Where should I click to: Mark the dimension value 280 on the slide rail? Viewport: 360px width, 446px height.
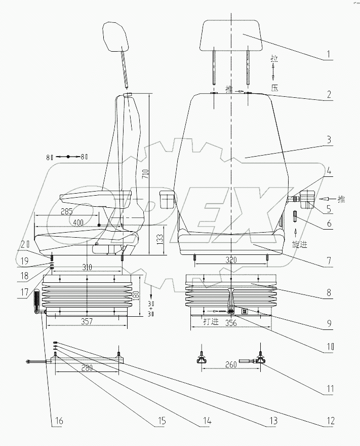click(87, 368)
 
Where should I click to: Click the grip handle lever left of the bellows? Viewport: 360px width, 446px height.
click(37, 302)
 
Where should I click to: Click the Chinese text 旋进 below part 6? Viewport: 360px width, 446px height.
click(300, 244)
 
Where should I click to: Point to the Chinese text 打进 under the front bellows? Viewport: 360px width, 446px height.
click(211, 321)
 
